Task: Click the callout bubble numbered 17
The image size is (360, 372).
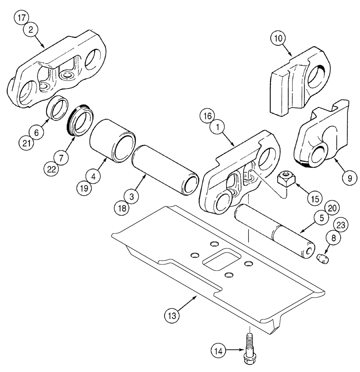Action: [x=21, y=18]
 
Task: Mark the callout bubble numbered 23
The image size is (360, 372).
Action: [x=343, y=225]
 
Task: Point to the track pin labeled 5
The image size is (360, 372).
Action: [x=275, y=232]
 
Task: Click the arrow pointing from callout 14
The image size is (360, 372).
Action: [x=234, y=350]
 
